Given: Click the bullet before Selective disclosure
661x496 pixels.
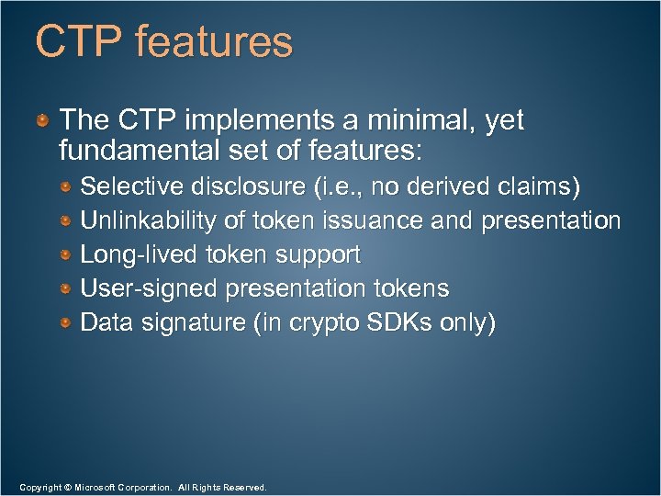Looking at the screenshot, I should pos(67,187).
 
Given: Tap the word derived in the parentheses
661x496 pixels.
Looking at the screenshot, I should pos(448,187).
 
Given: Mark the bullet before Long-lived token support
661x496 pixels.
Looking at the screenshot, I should pos(67,254).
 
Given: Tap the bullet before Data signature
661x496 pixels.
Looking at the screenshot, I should pos(67,322).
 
